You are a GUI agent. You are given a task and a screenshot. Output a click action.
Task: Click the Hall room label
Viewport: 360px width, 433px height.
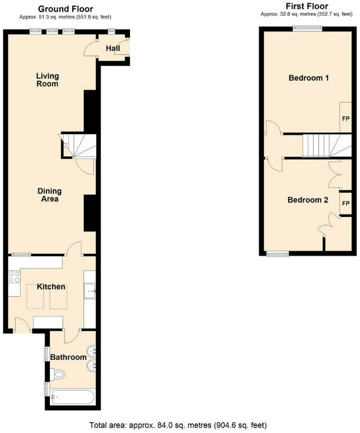(113, 48)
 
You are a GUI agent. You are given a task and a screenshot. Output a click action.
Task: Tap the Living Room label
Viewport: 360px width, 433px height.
(48, 80)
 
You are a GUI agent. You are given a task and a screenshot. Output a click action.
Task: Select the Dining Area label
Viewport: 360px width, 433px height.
(49, 195)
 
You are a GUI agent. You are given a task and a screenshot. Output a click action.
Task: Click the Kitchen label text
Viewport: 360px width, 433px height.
(51, 287)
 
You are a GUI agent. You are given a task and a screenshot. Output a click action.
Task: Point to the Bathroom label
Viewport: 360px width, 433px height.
(68, 357)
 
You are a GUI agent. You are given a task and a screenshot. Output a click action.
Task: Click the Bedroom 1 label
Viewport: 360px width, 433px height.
(309, 78)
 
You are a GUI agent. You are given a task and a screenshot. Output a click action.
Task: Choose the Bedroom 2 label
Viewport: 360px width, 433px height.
(308, 200)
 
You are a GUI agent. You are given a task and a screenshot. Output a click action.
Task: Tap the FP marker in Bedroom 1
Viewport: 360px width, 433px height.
(346, 119)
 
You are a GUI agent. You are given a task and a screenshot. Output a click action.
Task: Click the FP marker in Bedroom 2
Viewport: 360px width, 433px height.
(346, 204)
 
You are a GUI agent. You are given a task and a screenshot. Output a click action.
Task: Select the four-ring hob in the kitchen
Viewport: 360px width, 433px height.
(15, 277)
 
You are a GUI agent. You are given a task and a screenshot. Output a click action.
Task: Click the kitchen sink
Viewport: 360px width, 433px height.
(90, 291)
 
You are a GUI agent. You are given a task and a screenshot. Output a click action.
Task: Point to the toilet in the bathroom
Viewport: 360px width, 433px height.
(58, 375)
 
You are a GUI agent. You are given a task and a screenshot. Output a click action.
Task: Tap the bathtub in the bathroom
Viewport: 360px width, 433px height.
(73, 397)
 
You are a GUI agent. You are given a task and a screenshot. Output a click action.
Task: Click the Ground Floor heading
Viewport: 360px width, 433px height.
(66, 9)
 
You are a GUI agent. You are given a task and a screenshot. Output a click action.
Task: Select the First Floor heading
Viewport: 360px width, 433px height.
(307, 6)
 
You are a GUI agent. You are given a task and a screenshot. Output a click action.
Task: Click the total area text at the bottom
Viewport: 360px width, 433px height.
(178, 425)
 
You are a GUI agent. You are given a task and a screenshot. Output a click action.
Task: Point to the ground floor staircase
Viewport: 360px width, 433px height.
(78, 146)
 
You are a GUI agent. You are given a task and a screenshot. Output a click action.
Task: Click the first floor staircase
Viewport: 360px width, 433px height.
(327, 146)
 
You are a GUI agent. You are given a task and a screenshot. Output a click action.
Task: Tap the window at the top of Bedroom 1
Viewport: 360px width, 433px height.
(308, 29)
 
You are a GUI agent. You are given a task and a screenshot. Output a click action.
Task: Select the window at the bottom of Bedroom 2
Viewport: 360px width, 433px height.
(278, 254)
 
